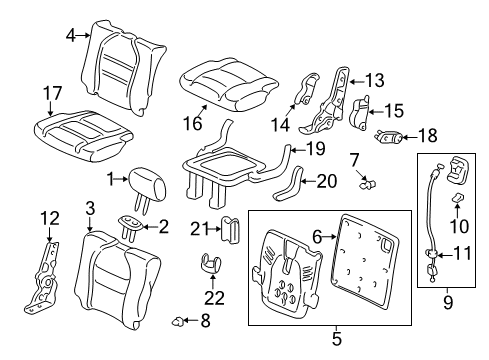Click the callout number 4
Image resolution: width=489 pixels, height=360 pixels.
tap(70, 35)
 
